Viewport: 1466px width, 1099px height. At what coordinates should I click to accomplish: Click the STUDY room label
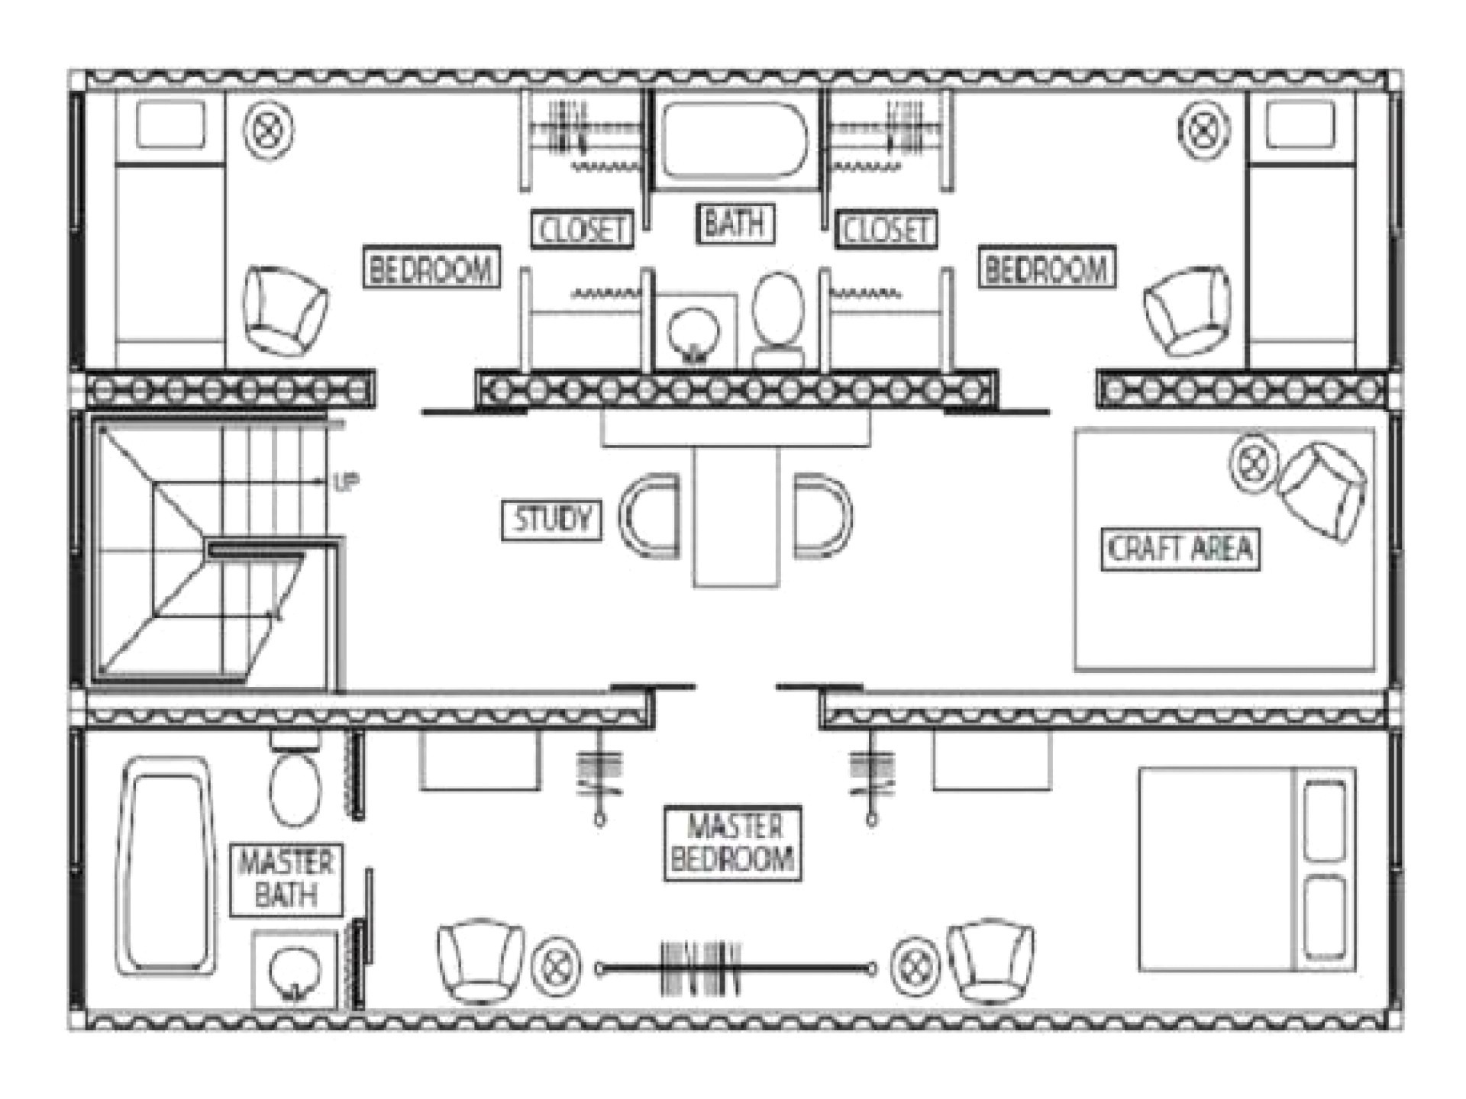(551, 520)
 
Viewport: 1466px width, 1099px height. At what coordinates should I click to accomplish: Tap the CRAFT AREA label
(1180, 549)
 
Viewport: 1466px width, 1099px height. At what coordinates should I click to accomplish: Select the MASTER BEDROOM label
(732, 843)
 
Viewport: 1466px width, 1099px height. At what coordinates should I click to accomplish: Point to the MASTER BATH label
(286, 878)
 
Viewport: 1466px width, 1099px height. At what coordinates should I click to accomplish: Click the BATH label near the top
(734, 224)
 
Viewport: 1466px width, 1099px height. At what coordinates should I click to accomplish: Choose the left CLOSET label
(582, 229)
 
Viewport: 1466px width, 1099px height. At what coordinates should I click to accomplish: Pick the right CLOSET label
(886, 229)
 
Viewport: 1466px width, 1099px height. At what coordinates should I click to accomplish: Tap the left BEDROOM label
(431, 268)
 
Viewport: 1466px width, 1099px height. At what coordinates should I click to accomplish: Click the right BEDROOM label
(1047, 268)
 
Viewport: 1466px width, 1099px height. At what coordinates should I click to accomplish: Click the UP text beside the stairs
(345, 482)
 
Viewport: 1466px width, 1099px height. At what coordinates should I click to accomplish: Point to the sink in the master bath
(295, 971)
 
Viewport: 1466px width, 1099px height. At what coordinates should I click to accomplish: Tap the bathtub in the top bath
(733, 140)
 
